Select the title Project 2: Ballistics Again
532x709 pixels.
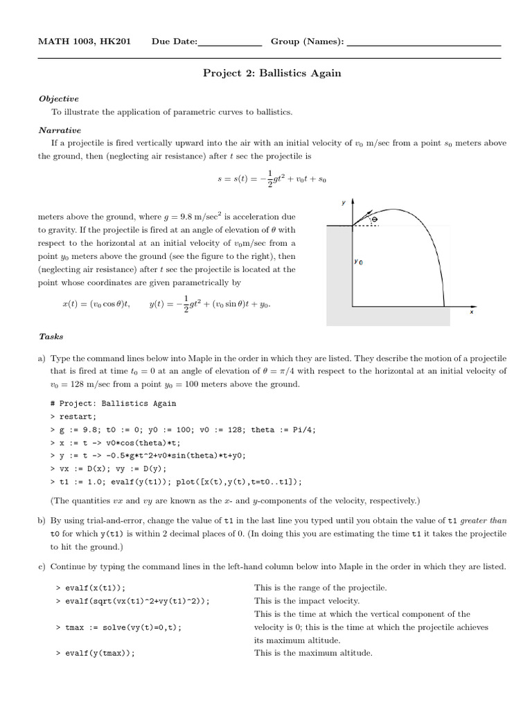point(272,73)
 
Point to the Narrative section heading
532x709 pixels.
point(60,130)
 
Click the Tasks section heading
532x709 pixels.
point(51,336)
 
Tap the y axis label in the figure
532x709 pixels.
point(344,203)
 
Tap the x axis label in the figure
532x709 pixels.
point(472,312)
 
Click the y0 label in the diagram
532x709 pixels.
point(358,262)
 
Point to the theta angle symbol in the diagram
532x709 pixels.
point(375,219)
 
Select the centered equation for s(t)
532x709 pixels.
point(271,178)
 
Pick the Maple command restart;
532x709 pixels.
point(77,417)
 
